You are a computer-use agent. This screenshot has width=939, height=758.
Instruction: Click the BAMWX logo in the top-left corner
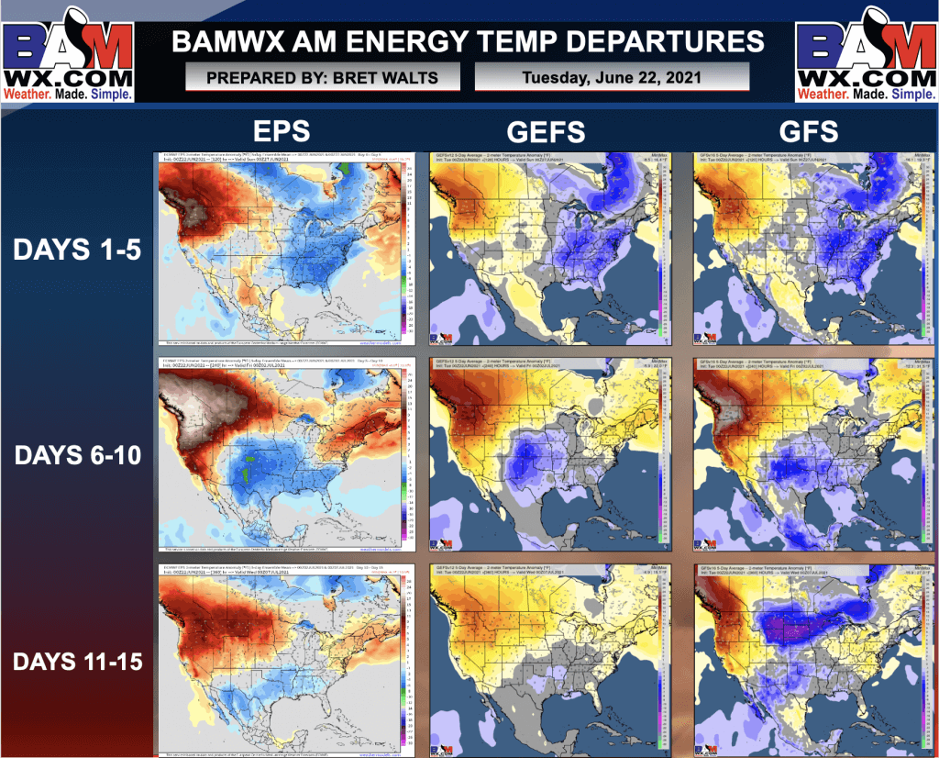69,52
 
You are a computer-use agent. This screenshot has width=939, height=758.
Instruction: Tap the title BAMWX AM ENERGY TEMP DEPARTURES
469,41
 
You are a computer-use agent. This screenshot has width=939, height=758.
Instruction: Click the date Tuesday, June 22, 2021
612,77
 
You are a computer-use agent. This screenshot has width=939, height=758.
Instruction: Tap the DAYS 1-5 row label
77,249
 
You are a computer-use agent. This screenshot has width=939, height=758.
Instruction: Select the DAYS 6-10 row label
77,453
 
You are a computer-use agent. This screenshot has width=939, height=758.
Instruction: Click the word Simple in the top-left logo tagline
112,94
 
